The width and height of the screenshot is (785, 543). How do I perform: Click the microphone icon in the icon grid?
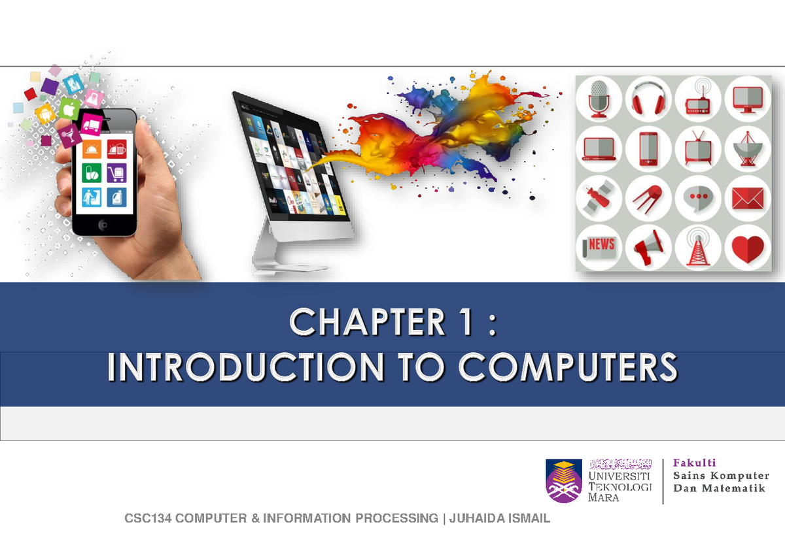pyautogui.click(x=600, y=99)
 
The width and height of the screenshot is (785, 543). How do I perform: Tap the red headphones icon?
pyautogui.click(x=648, y=99)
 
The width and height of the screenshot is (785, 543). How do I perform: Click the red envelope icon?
pyautogui.click(x=747, y=199)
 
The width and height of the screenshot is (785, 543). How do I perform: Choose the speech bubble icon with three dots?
pyautogui.click(x=698, y=199)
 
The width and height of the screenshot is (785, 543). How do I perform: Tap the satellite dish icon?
pyautogui.click(x=747, y=149)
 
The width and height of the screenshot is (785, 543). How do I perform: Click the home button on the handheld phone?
pyautogui.click(x=103, y=224)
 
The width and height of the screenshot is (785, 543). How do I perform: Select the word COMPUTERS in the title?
pyautogui.click(x=567, y=368)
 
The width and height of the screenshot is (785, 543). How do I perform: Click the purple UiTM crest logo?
pyautogui.click(x=564, y=480)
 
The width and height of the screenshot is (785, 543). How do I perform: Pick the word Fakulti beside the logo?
pyautogui.click(x=695, y=463)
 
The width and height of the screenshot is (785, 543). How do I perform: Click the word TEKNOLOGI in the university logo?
pyautogui.click(x=621, y=486)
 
